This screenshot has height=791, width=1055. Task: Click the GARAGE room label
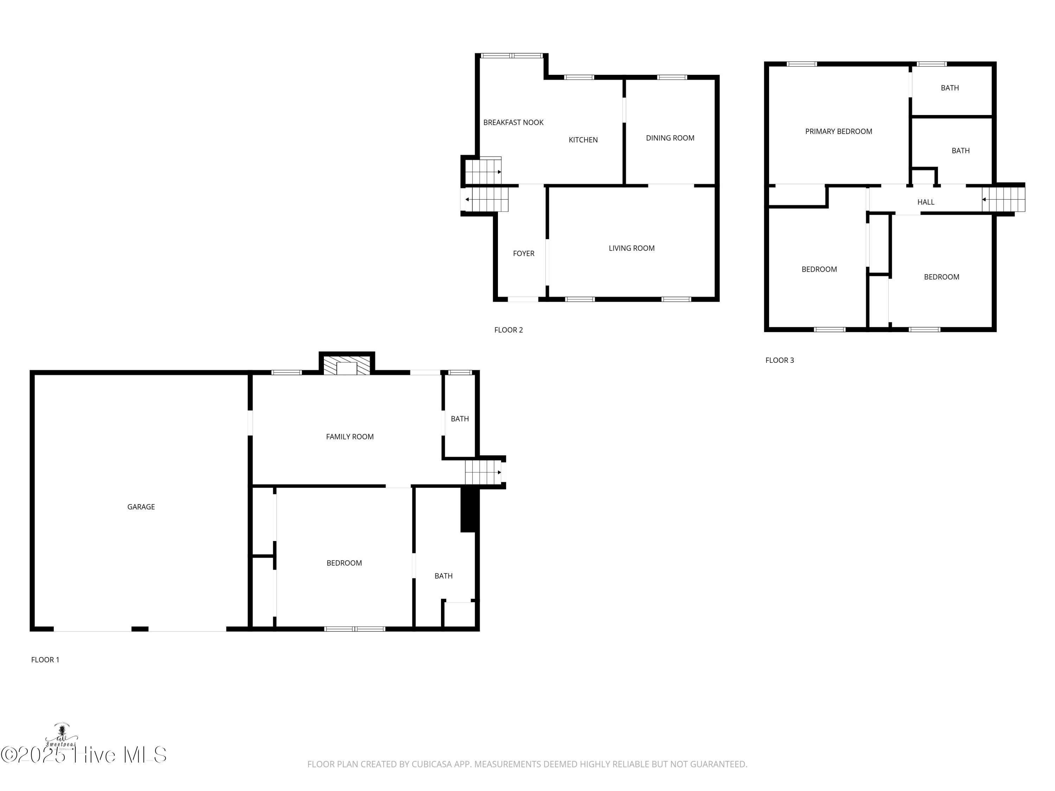point(141,507)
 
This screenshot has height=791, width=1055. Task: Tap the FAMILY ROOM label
point(350,437)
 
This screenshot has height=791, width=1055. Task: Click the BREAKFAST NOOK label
point(513,123)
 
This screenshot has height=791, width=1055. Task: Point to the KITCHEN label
point(583,140)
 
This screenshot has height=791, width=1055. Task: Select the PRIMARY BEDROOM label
point(838,131)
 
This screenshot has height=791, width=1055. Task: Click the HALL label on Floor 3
point(925,202)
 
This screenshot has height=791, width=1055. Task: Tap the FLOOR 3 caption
point(779,360)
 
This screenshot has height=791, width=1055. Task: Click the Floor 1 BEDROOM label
point(344,563)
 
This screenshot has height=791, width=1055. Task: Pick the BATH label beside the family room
point(459,419)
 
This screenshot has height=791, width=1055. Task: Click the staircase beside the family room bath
point(483,472)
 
